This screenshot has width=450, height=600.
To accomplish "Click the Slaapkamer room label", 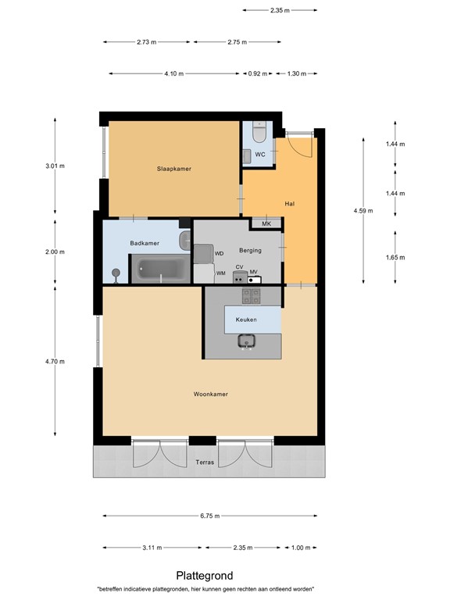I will click(x=173, y=169).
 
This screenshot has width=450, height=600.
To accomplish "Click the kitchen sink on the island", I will click(x=248, y=341).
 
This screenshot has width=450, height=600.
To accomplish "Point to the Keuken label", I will click(x=247, y=320).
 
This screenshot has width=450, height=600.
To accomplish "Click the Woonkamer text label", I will click(x=210, y=395).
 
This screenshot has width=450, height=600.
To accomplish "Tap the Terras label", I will click(x=205, y=463).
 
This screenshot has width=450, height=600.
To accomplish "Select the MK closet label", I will click(x=266, y=224).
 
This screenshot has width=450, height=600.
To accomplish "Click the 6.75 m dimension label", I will click(x=210, y=516).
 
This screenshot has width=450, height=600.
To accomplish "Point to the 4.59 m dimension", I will click(x=363, y=211).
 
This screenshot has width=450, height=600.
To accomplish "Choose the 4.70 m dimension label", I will click(x=55, y=361).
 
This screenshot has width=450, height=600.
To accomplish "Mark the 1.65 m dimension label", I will click(x=395, y=257).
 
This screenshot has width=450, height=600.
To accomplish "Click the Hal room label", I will click(x=289, y=204).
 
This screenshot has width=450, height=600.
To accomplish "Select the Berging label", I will click(x=250, y=250).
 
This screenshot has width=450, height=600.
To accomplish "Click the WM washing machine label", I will click(x=221, y=273).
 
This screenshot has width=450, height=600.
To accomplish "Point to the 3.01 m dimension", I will click(x=55, y=166).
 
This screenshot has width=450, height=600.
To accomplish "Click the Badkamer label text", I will click(x=145, y=243).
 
